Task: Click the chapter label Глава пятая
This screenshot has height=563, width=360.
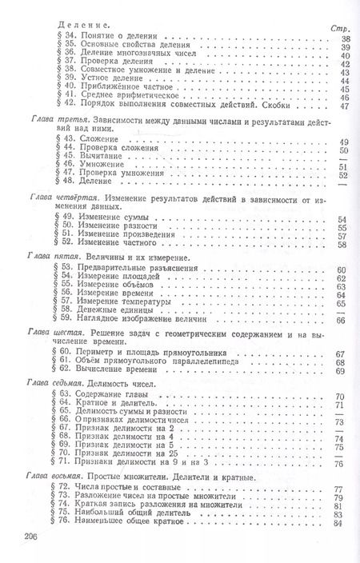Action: click(49, 259)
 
